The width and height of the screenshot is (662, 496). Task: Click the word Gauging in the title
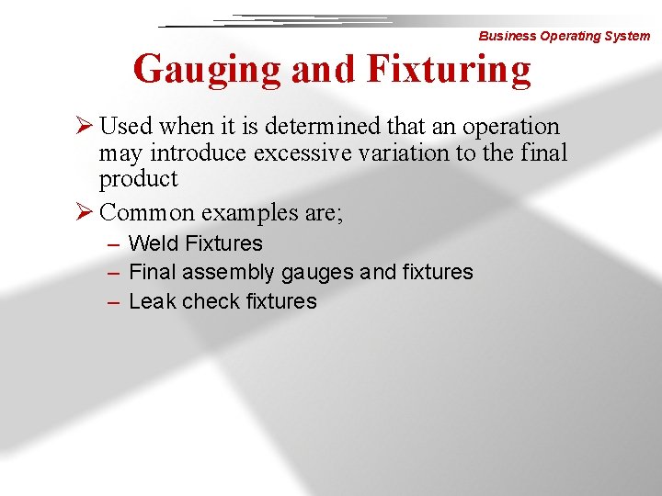coord(208,69)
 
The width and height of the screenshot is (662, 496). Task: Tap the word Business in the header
coord(507,36)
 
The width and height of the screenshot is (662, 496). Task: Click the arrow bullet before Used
coord(86,126)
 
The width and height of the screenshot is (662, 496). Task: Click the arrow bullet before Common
coord(86,212)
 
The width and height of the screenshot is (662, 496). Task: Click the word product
coord(138,179)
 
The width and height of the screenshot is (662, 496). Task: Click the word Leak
coord(152,301)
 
